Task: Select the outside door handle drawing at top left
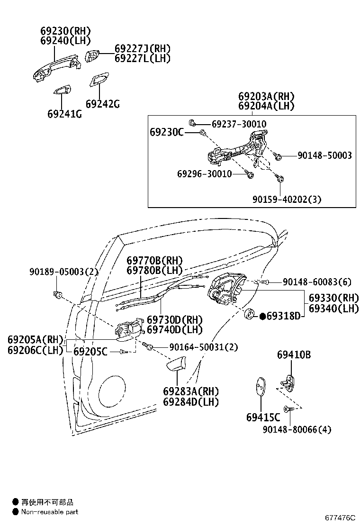pos(53,68)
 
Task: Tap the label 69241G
pos(64,114)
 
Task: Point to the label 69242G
pos(102,104)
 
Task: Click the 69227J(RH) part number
pos(142,49)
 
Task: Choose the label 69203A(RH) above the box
pos(266,97)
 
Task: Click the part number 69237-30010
pos(239,124)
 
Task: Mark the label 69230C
pos(167,132)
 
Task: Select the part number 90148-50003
pos(324,155)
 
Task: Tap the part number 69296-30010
pos(205,174)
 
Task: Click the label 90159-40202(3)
pos(287,200)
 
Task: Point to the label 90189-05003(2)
pos(63,272)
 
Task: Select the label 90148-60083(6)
pos(317,282)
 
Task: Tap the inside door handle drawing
pos(126,329)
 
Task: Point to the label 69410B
pos(294,354)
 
